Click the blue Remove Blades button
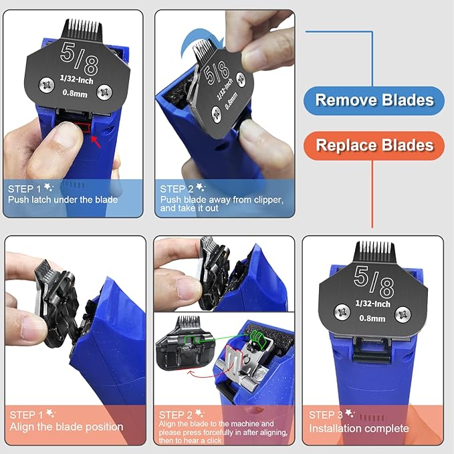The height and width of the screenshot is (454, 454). (x=374, y=100)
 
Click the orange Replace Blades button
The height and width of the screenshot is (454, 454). (x=374, y=145)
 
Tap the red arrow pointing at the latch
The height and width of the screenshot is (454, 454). (x=96, y=142)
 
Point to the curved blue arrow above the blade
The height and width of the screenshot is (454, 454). (x=200, y=41)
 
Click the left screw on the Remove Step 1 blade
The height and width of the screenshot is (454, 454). (x=47, y=85)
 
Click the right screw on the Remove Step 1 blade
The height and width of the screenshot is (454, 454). (x=104, y=92)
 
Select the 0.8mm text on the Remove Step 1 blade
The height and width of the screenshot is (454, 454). (x=75, y=93)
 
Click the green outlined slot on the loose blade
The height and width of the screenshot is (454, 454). (x=191, y=340)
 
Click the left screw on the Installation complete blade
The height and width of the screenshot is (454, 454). (x=342, y=312)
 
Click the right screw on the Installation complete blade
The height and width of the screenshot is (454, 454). (x=403, y=314)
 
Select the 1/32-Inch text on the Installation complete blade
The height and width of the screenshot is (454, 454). (x=372, y=304)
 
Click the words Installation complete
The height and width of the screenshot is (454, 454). (x=359, y=429)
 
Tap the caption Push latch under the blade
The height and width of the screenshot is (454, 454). (x=63, y=200)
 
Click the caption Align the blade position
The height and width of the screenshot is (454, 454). (x=66, y=427)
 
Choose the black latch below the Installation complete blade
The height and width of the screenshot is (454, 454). (x=372, y=350)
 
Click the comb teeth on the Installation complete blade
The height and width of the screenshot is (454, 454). (x=374, y=252)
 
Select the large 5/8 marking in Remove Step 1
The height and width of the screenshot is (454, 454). (x=79, y=58)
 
